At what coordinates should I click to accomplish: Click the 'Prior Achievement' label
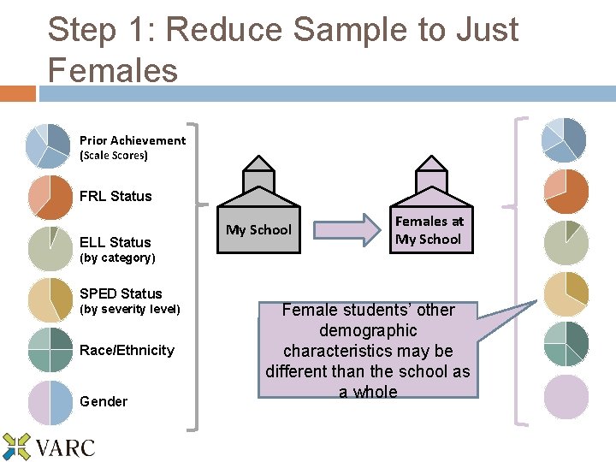click(x=132, y=140)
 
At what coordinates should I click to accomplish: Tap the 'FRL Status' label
click(x=115, y=196)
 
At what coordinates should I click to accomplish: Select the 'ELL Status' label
click(x=115, y=242)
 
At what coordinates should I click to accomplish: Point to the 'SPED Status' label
click(x=121, y=293)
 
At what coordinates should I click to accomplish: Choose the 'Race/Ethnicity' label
click(x=127, y=350)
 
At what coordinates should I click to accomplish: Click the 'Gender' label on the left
click(x=104, y=401)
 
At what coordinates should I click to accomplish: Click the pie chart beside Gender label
click(x=50, y=403)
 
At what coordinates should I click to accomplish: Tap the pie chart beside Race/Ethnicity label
click(x=50, y=350)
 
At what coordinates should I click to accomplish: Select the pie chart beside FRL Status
click(x=50, y=198)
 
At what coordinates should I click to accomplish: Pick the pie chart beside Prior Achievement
click(x=49, y=145)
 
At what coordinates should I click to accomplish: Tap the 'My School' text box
click(x=258, y=229)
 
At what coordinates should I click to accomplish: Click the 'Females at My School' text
click(x=428, y=230)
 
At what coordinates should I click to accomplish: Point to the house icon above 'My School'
click(x=258, y=175)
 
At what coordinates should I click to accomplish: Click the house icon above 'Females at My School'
click(x=428, y=175)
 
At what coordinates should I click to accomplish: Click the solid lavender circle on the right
click(x=566, y=397)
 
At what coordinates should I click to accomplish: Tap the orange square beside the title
click(x=17, y=92)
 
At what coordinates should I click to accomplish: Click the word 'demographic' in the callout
click(x=368, y=330)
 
